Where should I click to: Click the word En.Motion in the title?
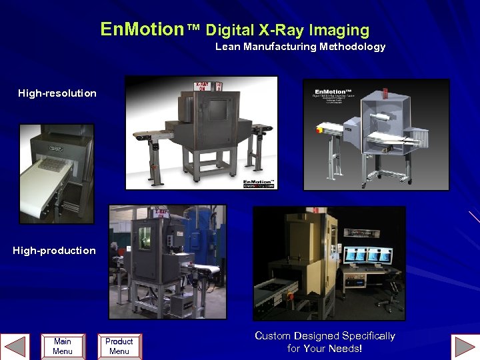[141, 29]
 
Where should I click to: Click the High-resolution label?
[57, 93]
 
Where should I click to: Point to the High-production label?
[54, 251]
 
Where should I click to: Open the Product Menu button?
[119, 346]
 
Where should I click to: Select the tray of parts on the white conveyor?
[52, 163]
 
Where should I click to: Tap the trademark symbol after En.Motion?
[193, 29]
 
